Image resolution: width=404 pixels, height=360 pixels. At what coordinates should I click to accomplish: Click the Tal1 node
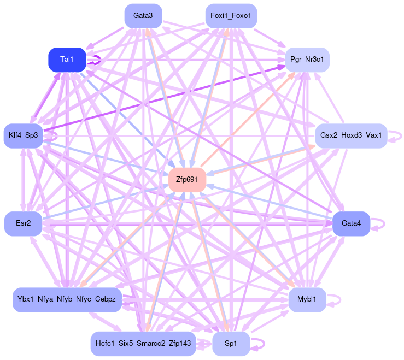point(67,60)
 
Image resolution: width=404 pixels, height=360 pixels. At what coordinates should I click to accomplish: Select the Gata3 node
point(143,16)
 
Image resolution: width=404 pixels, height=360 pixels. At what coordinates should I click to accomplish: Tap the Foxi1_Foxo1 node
point(231,16)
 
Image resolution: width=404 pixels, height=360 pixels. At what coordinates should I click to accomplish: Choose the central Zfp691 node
point(187,180)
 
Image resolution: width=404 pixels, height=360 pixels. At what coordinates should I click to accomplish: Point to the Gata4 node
point(351,223)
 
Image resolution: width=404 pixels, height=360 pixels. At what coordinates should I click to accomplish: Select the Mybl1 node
point(307,299)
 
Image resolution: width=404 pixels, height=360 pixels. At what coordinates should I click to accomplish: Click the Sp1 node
point(231,344)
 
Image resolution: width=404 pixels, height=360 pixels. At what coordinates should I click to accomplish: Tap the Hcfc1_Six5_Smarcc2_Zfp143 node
point(143,344)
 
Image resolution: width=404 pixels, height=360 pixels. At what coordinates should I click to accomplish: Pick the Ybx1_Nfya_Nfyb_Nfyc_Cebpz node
point(67,299)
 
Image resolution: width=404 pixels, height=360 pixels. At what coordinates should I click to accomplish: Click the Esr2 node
point(23,223)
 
